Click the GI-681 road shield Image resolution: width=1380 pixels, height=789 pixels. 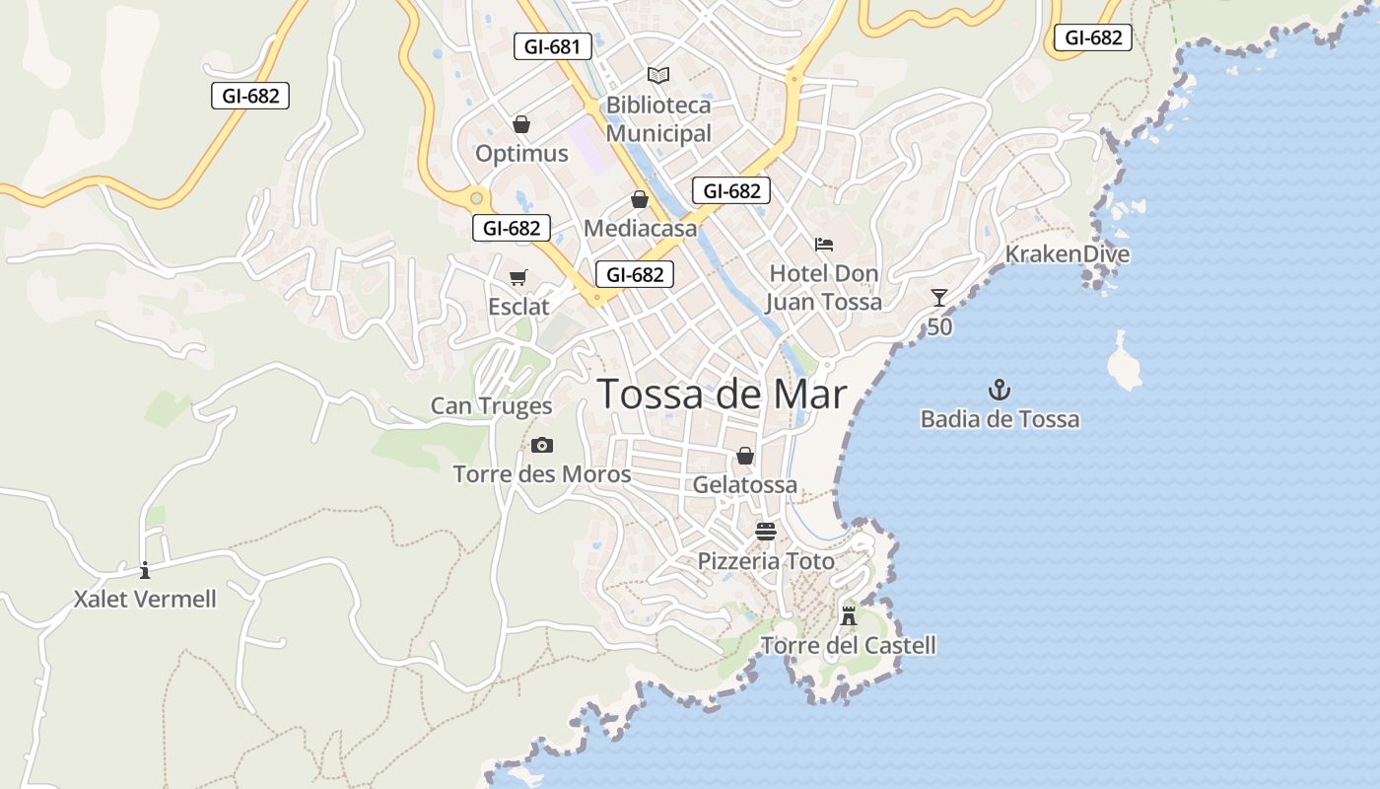(x=552, y=46)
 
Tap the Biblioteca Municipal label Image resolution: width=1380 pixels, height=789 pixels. (x=658, y=119)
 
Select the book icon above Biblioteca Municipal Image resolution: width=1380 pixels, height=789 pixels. (x=658, y=75)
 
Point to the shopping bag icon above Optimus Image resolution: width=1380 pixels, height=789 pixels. (x=521, y=124)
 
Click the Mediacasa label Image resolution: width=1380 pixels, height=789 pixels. (x=640, y=229)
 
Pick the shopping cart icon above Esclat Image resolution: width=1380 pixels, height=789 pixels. (x=518, y=278)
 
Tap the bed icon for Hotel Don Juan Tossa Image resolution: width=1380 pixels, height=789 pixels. (x=824, y=245)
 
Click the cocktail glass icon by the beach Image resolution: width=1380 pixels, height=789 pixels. (x=939, y=297)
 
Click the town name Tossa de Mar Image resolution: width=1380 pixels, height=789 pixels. (x=723, y=394)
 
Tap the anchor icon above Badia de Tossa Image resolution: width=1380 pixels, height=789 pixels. (x=1000, y=390)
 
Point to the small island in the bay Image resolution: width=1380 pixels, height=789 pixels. (x=1123, y=364)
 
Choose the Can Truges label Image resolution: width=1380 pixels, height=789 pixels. (x=491, y=406)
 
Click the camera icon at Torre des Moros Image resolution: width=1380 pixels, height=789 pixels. (x=542, y=446)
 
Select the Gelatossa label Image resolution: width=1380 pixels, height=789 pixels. (x=744, y=485)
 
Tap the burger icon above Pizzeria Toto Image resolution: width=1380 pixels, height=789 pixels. (x=766, y=532)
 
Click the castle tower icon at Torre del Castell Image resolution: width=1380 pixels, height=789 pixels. (x=849, y=616)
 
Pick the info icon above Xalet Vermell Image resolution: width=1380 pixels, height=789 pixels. (x=145, y=570)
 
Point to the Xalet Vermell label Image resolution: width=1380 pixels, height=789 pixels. (x=145, y=600)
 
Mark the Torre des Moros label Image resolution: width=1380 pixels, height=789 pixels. (x=542, y=474)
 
